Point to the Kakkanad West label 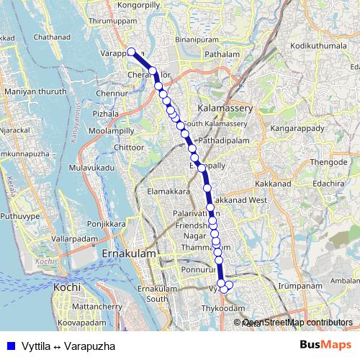click(x=240, y=199)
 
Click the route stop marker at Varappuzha click(x=132, y=51)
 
